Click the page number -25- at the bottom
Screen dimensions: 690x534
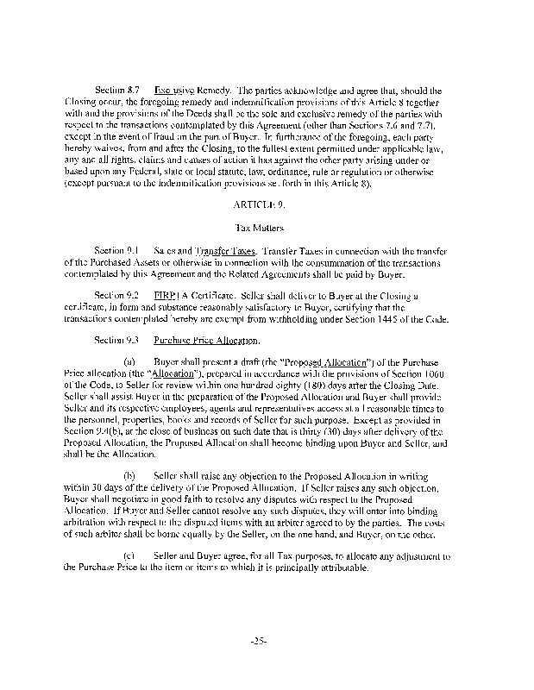point(266,640)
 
